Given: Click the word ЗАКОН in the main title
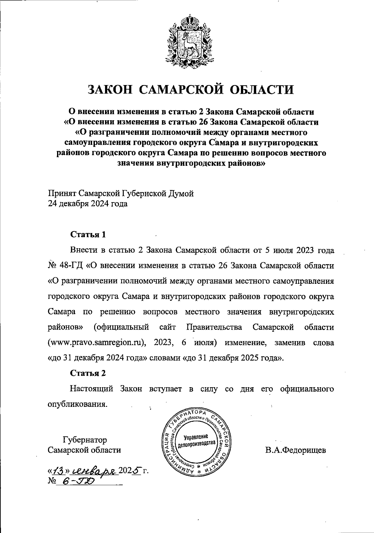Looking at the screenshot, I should click(x=110, y=89).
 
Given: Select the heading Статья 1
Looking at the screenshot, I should click(x=88, y=234).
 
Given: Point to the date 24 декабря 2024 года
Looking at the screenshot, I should click(x=88, y=204).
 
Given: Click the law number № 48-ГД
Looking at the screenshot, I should click(x=65, y=266).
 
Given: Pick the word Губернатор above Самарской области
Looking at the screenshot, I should click(x=84, y=440).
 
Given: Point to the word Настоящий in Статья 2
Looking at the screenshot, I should click(x=91, y=389).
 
